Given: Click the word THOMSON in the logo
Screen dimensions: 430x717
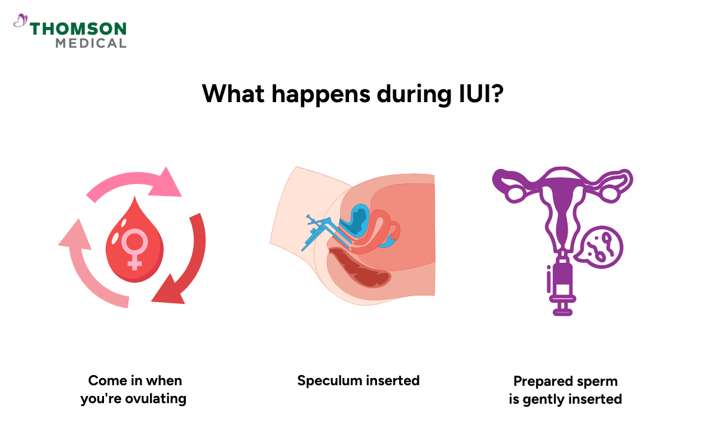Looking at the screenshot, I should pos(78,29).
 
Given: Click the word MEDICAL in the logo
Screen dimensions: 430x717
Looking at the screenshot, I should pos(91,43).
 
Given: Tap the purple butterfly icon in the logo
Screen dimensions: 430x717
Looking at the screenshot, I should pos(21,21).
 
